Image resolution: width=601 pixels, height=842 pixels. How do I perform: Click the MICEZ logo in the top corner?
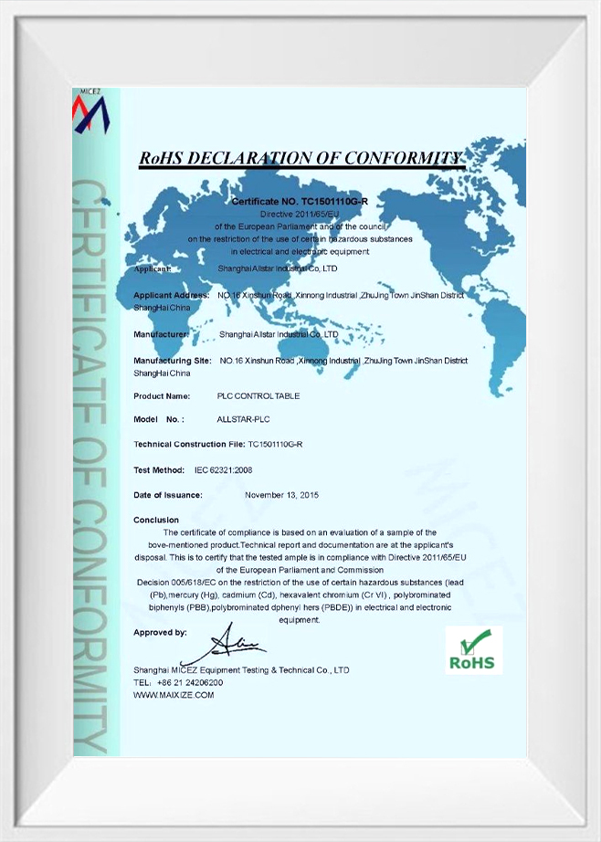(91, 111)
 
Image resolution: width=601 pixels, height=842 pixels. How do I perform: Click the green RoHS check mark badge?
(474, 650)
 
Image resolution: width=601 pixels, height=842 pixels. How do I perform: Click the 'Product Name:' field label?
(162, 396)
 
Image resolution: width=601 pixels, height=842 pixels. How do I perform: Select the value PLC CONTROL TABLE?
(258, 396)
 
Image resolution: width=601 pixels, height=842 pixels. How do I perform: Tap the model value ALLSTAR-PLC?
(243, 420)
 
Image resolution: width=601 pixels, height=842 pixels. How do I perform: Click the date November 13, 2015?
(281, 495)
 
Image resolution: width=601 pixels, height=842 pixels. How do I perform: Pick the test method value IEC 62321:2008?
(223, 469)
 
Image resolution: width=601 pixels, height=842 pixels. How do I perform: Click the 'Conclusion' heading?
(156, 520)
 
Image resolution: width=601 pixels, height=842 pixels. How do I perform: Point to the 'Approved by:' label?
(160, 632)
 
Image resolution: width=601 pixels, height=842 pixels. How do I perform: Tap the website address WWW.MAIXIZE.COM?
(174, 695)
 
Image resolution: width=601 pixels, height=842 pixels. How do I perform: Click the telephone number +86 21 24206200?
(190, 682)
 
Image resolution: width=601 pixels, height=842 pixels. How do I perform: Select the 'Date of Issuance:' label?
(168, 495)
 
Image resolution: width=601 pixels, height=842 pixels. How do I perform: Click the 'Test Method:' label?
(159, 469)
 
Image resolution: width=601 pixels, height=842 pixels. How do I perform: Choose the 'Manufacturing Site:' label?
(173, 361)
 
